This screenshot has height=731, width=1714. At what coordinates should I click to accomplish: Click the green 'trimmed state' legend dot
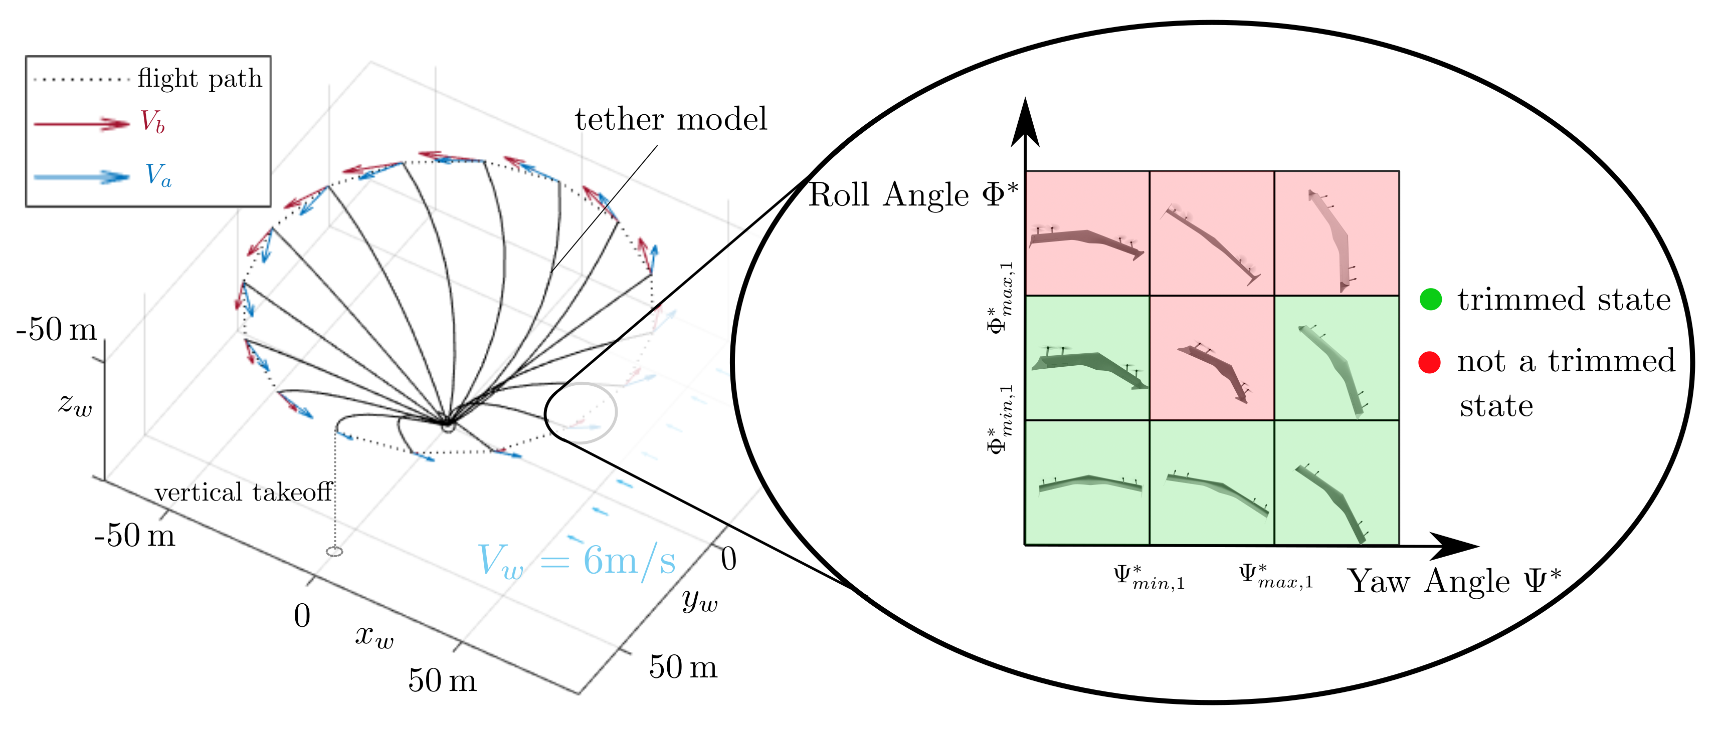pos(1430,299)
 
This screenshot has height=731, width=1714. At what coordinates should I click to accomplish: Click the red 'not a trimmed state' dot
pos(1429,362)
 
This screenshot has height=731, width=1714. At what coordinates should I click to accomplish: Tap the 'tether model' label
pos(671,120)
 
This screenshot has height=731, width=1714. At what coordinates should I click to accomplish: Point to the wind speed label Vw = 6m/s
pos(576,560)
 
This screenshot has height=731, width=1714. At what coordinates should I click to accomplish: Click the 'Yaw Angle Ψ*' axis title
pos(1454,581)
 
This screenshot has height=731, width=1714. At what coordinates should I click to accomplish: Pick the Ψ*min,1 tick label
pos(1149,577)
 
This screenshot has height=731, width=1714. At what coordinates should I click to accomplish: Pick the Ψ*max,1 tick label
pos(1275,577)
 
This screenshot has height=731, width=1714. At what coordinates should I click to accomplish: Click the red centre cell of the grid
pos(1212,358)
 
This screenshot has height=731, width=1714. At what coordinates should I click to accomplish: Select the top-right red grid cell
pos(1336,233)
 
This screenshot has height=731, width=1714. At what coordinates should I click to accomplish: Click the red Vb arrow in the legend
pos(81,124)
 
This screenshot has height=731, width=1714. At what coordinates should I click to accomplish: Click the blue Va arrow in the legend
pos(81,177)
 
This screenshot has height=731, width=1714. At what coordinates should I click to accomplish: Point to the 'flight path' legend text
pos(200,79)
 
